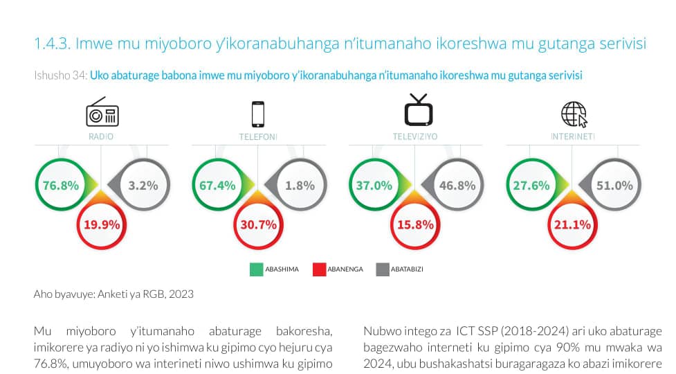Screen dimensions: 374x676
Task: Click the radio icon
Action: click(102, 113)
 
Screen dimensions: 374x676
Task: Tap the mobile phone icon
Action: click(258, 113)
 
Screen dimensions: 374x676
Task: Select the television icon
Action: click(418, 109)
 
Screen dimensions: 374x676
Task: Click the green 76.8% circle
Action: click(60, 186)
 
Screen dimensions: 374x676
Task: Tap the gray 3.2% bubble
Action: click(143, 186)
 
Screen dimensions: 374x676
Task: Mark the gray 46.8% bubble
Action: click(457, 186)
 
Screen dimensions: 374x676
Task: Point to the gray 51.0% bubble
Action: click(614, 186)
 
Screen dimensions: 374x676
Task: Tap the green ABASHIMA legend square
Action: click(255, 269)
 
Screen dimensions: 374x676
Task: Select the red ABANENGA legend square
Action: click(319, 269)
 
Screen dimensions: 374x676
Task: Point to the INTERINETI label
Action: click(573, 136)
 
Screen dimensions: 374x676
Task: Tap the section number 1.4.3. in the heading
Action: click(52, 44)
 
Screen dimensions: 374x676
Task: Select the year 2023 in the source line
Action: click(181, 294)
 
